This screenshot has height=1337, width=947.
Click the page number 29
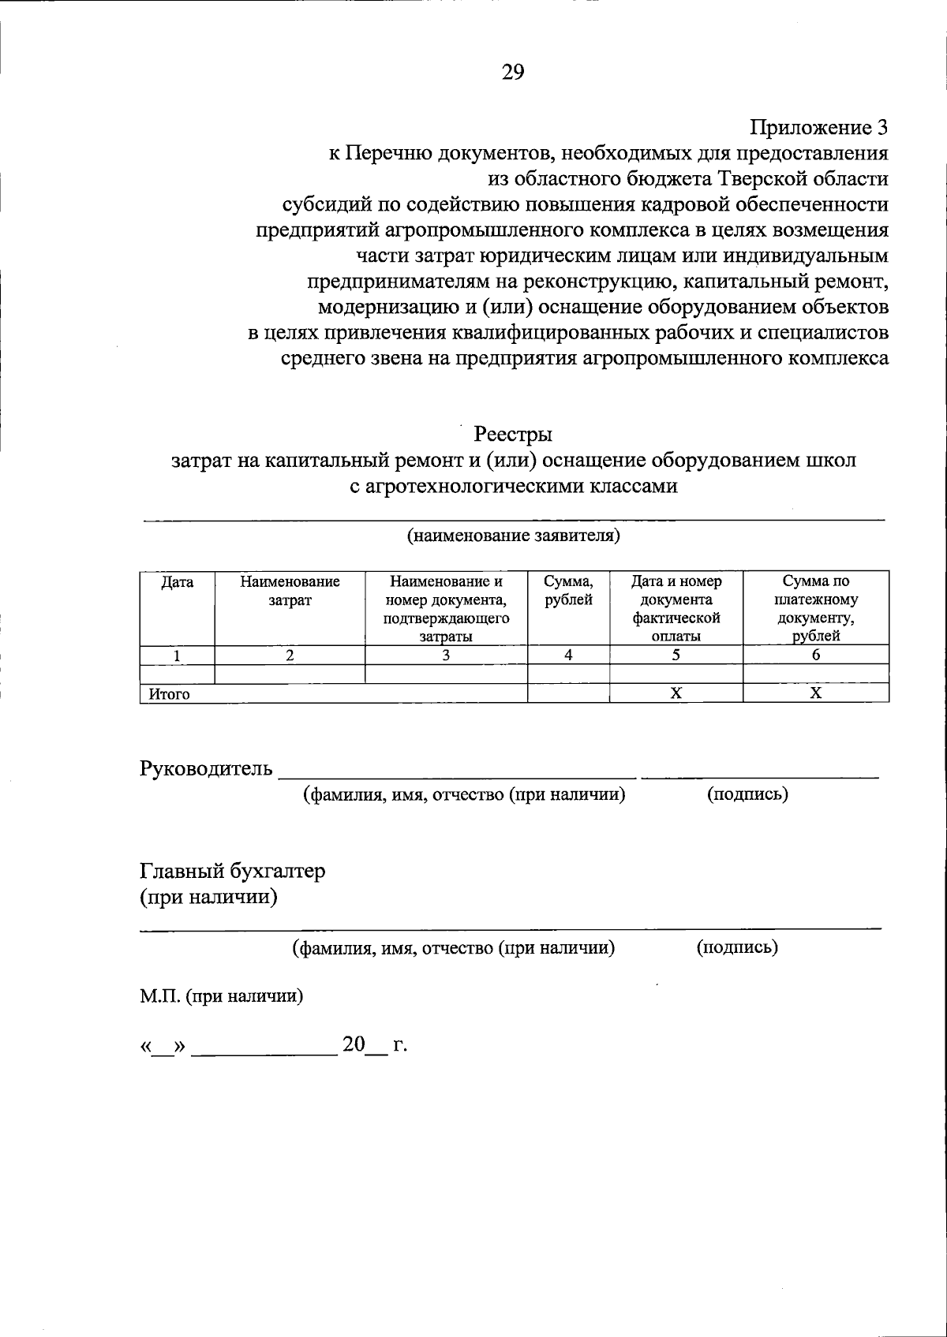(512, 73)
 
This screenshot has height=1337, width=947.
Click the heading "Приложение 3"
(818, 127)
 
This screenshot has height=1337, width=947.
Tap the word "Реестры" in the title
(512, 434)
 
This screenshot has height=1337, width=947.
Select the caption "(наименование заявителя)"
(513, 536)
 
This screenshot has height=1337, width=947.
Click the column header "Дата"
(177, 582)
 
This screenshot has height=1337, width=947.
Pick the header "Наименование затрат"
(290, 591)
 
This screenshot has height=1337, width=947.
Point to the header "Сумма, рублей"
(568, 591)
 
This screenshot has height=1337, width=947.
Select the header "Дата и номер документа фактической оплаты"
(676, 608)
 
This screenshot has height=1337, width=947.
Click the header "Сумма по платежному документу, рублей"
(816, 608)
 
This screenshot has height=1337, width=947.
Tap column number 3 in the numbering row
(446, 655)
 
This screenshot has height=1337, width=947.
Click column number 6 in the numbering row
(816, 655)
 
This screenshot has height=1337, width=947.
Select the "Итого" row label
(166, 694)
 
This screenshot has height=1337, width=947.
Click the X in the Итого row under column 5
(676, 693)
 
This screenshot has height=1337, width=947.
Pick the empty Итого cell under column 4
(568, 693)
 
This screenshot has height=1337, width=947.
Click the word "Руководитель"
(206, 768)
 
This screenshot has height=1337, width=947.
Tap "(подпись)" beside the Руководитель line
(747, 794)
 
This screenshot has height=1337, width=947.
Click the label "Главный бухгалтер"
(232, 871)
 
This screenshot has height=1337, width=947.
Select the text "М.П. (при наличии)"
(222, 996)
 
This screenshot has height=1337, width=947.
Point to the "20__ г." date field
(374, 1045)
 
